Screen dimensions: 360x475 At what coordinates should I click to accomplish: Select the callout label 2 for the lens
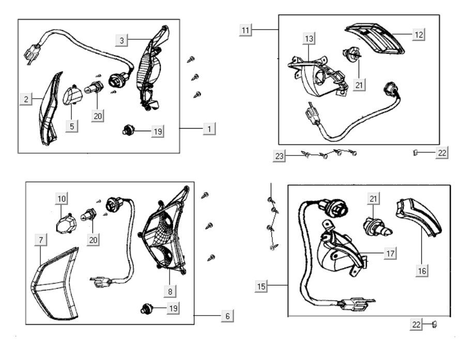pyautogui.click(x=26, y=100)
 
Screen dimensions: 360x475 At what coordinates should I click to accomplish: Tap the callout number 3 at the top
pyautogui.click(x=121, y=39)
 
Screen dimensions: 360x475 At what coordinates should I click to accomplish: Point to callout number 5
pyautogui.click(x=72, y=126)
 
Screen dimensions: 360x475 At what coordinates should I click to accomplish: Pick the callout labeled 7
pyautogui.click(x=40, y=239)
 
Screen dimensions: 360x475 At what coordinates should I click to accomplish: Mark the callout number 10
pyautogui.click(x=62, y=198)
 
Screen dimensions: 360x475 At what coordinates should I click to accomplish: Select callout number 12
pyautogui.click(x=419, y=35)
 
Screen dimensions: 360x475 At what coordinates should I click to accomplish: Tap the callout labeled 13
pyautogui.click(x=309, y=39)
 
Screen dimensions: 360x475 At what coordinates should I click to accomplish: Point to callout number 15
pyautogui.click(x=262, y=285)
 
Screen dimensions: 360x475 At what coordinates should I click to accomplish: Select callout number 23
pyautogui.click(x=280, y=156)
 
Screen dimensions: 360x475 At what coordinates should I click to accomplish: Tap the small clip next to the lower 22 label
pyautogui.click(x=434, y=325)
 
